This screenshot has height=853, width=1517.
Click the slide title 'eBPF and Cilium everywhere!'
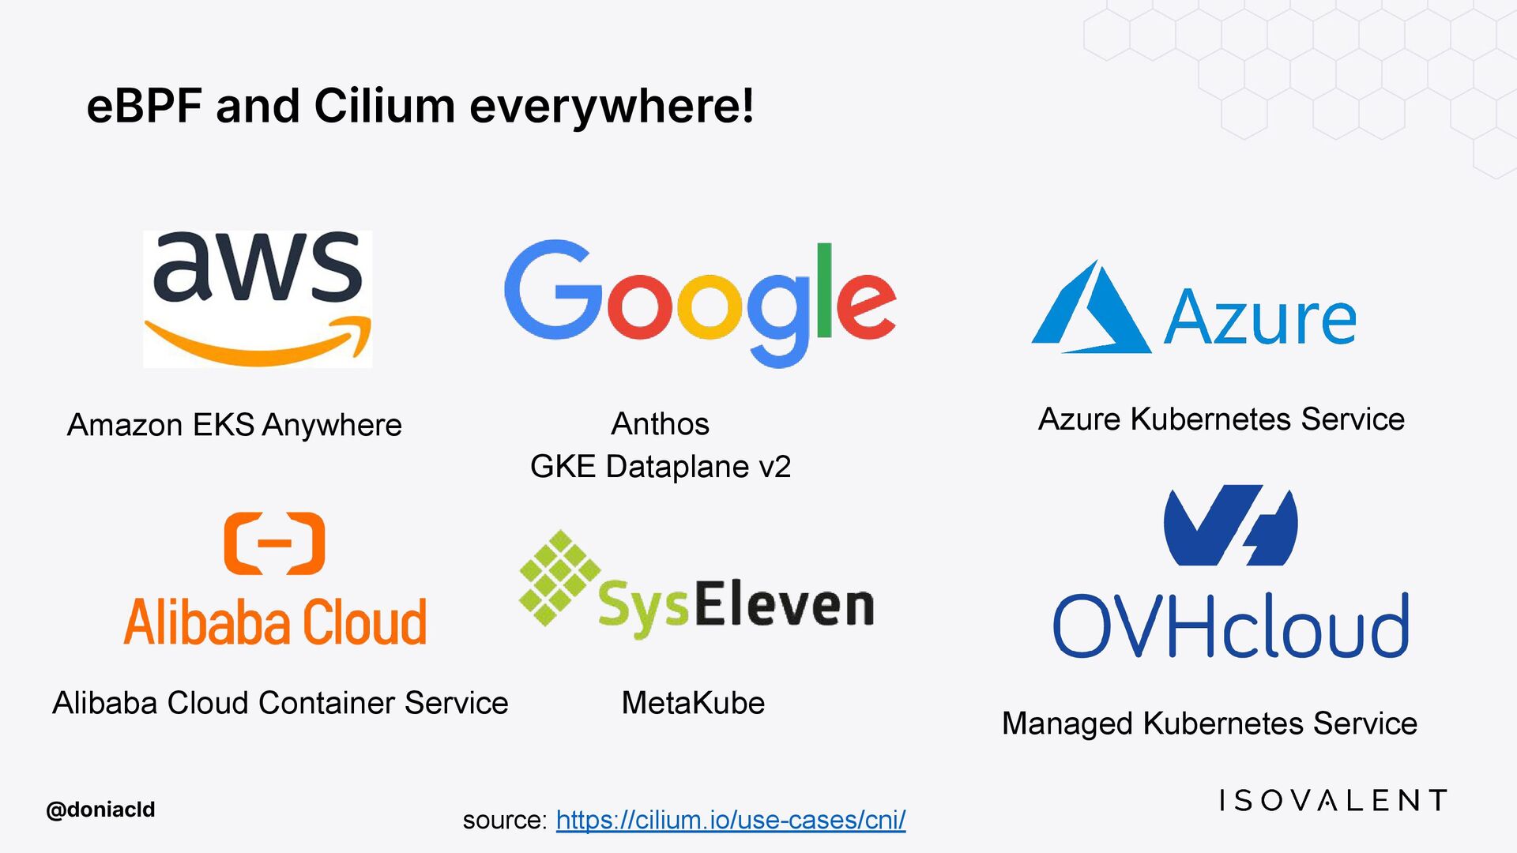(420, 107)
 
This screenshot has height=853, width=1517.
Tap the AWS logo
(258, 299)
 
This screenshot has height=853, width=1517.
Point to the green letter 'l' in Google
(824, 291)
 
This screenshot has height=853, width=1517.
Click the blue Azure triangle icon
(1090, 310)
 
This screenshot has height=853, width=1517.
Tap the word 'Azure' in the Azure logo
(1259, 318)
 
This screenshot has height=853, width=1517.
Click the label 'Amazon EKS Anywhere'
(235, 425)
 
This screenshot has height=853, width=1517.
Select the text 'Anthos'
(660, 424)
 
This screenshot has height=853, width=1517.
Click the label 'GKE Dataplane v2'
(660, 467)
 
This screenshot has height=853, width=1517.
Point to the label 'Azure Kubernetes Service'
(1221, 419)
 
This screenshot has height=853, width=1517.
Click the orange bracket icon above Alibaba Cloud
(274, 543)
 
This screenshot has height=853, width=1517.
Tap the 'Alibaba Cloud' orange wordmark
(275, 622)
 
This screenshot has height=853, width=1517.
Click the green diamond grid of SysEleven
(559, 577)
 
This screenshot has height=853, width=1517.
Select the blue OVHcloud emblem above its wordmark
(1230, 526)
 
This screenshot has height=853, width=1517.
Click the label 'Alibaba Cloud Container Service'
(280, 703)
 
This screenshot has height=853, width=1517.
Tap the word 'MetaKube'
(693, 703)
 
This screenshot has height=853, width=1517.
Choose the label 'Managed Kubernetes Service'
(1209, 723)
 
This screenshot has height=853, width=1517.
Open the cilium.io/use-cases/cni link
(731, 820)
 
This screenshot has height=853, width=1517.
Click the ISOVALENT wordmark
(1333, 801)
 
